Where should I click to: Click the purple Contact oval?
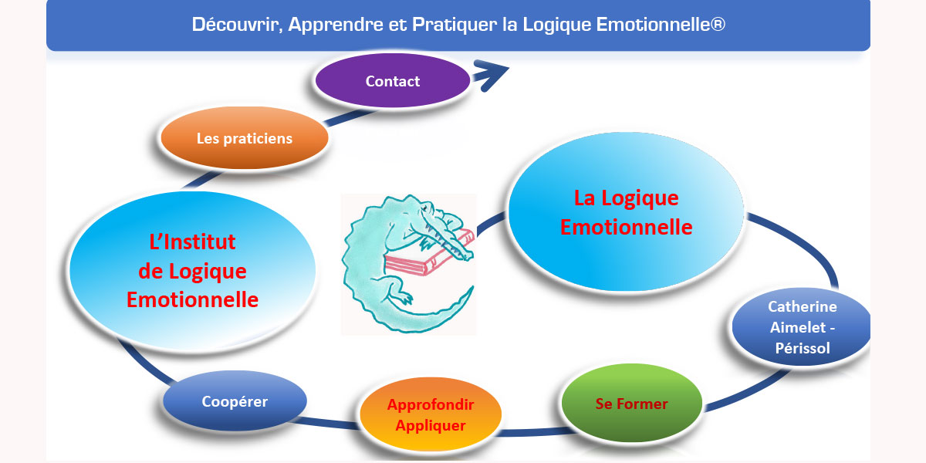click(x=392, y=80)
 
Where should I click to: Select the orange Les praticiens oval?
click(x=245, y=137)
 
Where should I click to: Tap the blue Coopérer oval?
click(x=235, y=401)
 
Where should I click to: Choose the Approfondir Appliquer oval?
click(x=431, y=414)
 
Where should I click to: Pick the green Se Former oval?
click(x=632, y=403)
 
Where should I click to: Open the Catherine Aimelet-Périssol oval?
click(x=802, y=327)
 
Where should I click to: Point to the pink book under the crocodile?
click(x=428, y=254)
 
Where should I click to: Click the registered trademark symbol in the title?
click(x=718, y=24)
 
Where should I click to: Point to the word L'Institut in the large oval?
click(x=192, y=242)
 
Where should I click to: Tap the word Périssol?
click(x=803, y=348)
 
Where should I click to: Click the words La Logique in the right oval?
click(x=627, y=198)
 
